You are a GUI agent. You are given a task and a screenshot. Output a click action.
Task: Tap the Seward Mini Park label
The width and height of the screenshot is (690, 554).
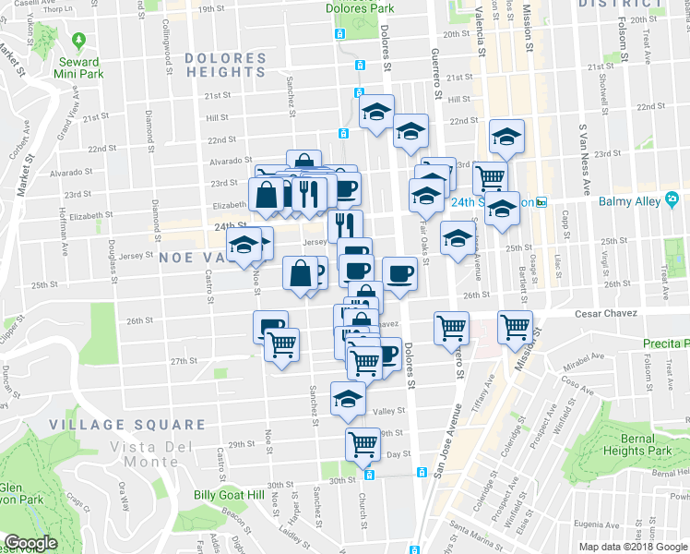(x=77, y=67)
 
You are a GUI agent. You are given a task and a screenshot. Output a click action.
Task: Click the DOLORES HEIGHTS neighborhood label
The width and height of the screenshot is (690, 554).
(x=226, y=65)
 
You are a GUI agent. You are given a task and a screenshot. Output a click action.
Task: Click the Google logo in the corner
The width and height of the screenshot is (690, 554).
(x=30, y=543)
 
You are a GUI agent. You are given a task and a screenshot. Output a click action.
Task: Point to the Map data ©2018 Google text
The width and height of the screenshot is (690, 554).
(x=633, y=547)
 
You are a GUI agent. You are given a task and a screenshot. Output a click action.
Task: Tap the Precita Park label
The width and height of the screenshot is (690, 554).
(x=666, y=343)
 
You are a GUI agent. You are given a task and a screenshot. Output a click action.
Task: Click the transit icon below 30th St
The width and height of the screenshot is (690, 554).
(x=369, y=475)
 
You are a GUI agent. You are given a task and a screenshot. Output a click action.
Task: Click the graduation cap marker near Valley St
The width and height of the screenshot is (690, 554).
(x=348, y=397)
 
